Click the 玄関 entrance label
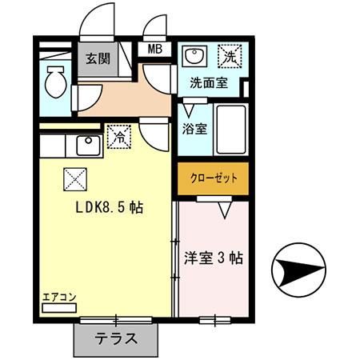point(99,58)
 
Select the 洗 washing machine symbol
point(230,57)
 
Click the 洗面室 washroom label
point(208,82)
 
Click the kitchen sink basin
point(87,145)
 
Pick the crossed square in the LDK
point(74,175)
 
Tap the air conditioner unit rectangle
point(60,308)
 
